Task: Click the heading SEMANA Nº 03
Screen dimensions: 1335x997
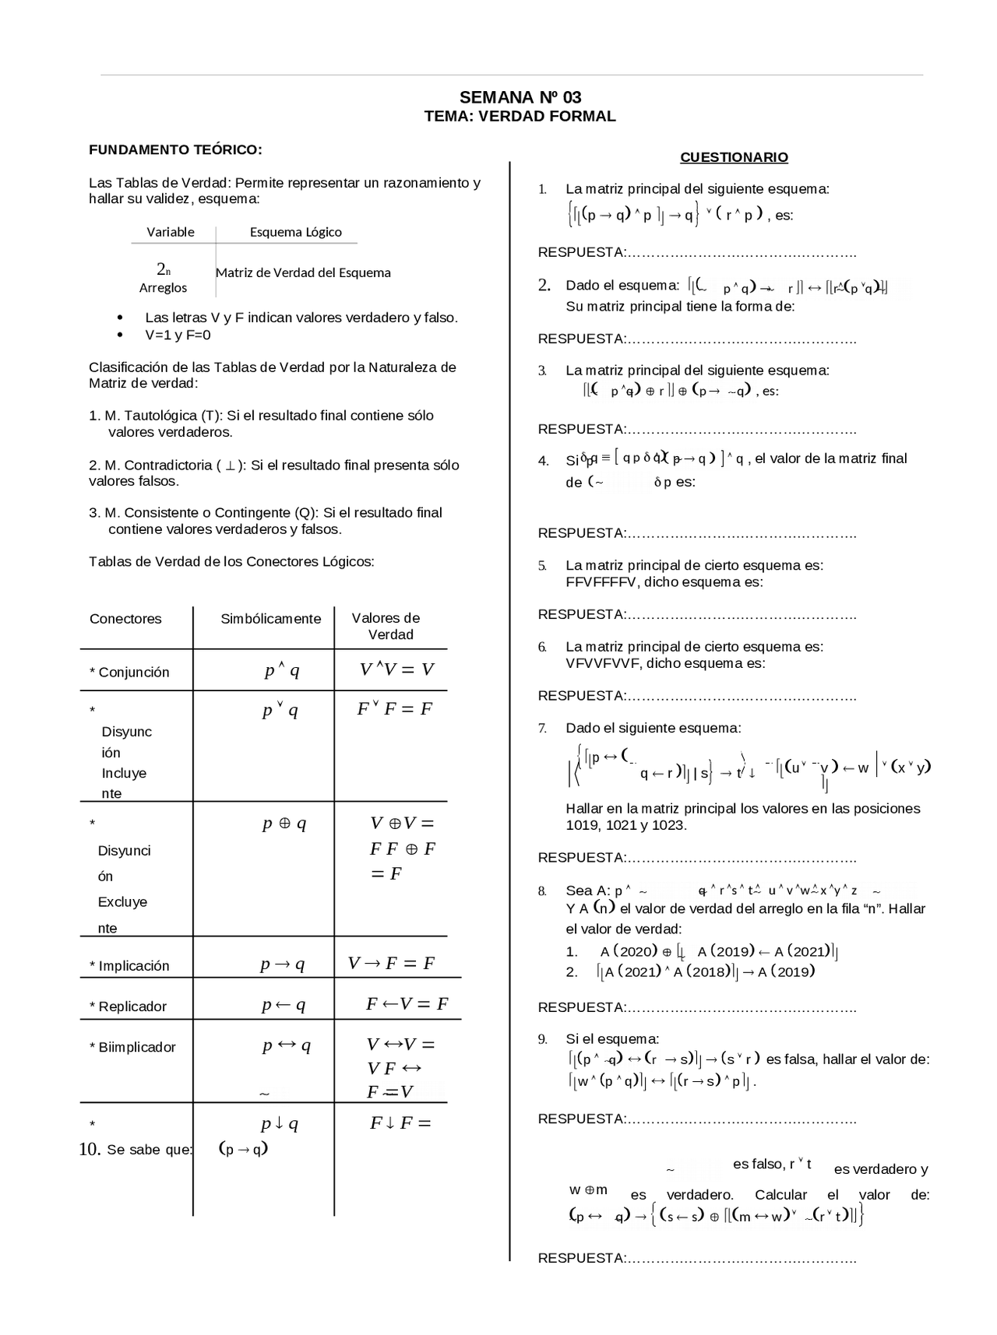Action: pyautogui.click(x=520, y=97)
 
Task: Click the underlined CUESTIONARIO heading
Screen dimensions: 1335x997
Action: pyautogui.click(x=734, y=157)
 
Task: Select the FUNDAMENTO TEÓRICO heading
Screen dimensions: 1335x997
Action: pyautogui.click(x=175, y=149)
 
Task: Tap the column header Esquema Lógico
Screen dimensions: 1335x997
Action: pyautogui.click(x=295, y=232)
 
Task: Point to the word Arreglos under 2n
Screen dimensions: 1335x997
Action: pyautogui.click(x=163, y=288)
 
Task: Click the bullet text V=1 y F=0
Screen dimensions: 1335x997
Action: pyautogui.click(x=178, y=336)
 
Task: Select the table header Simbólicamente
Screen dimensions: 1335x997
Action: pyautogui.click(x=270, y=619)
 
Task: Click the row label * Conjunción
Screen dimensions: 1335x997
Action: pyautogui.click(x=129, y=673)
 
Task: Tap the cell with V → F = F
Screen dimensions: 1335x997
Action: pyautogui.click(x=391, y=964)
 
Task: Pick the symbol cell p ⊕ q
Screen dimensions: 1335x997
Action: pyautogui.click(x=284, y=824)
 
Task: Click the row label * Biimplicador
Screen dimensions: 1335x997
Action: pyautogui.click(x=132, y=1047)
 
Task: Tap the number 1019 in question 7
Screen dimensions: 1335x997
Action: pyautogui.click(x=583, y=825)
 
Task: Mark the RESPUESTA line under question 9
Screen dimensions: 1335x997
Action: pyautogui.click(x=697, y=1119)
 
